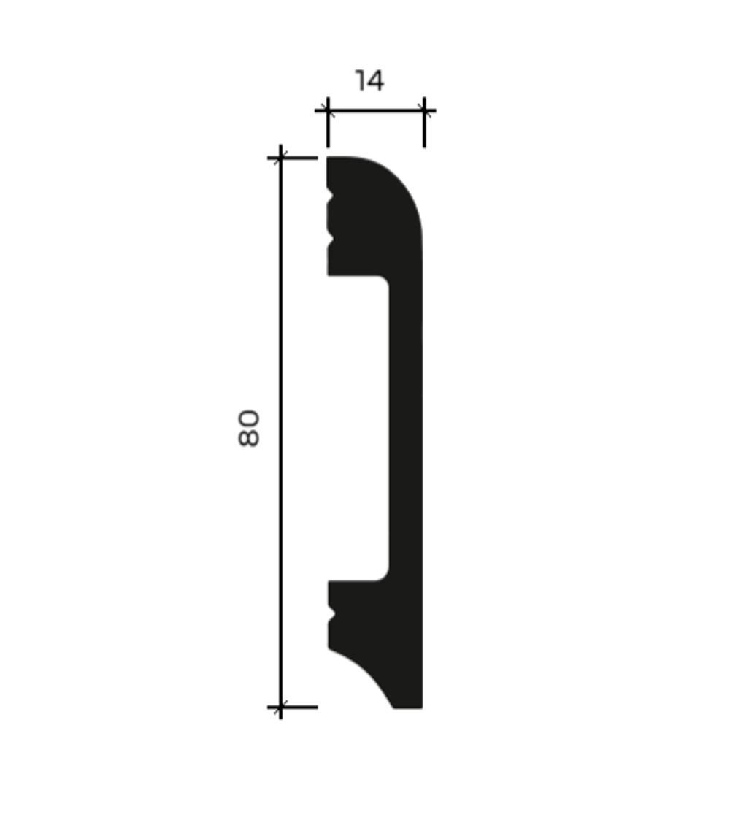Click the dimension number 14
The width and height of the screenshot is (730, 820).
369,81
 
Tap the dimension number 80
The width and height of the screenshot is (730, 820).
249,429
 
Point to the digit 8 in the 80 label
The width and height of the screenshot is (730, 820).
249,438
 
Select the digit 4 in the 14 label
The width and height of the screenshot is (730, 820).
375,81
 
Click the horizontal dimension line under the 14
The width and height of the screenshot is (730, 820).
375,110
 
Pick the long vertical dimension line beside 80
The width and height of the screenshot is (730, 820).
281,432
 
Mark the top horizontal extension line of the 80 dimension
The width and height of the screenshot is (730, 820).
292,158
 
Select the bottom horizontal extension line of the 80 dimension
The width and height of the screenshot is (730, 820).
292,707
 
